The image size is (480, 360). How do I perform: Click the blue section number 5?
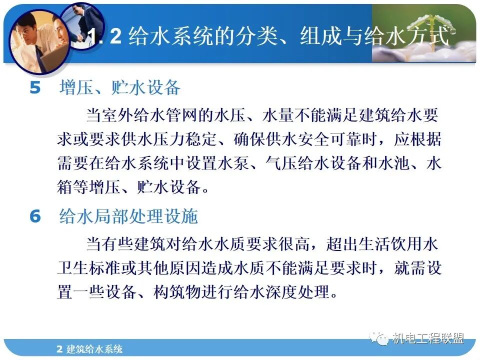click(34, 88)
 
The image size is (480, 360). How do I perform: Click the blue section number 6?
click(34, 216)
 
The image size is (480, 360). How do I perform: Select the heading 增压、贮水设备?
click(119, 88)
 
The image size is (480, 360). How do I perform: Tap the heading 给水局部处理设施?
click(128, 216)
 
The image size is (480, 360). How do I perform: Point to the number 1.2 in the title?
click(105, 37)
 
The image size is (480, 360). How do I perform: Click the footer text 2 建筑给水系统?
click(89, 349)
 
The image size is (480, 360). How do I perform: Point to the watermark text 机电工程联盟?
click(428, 338)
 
